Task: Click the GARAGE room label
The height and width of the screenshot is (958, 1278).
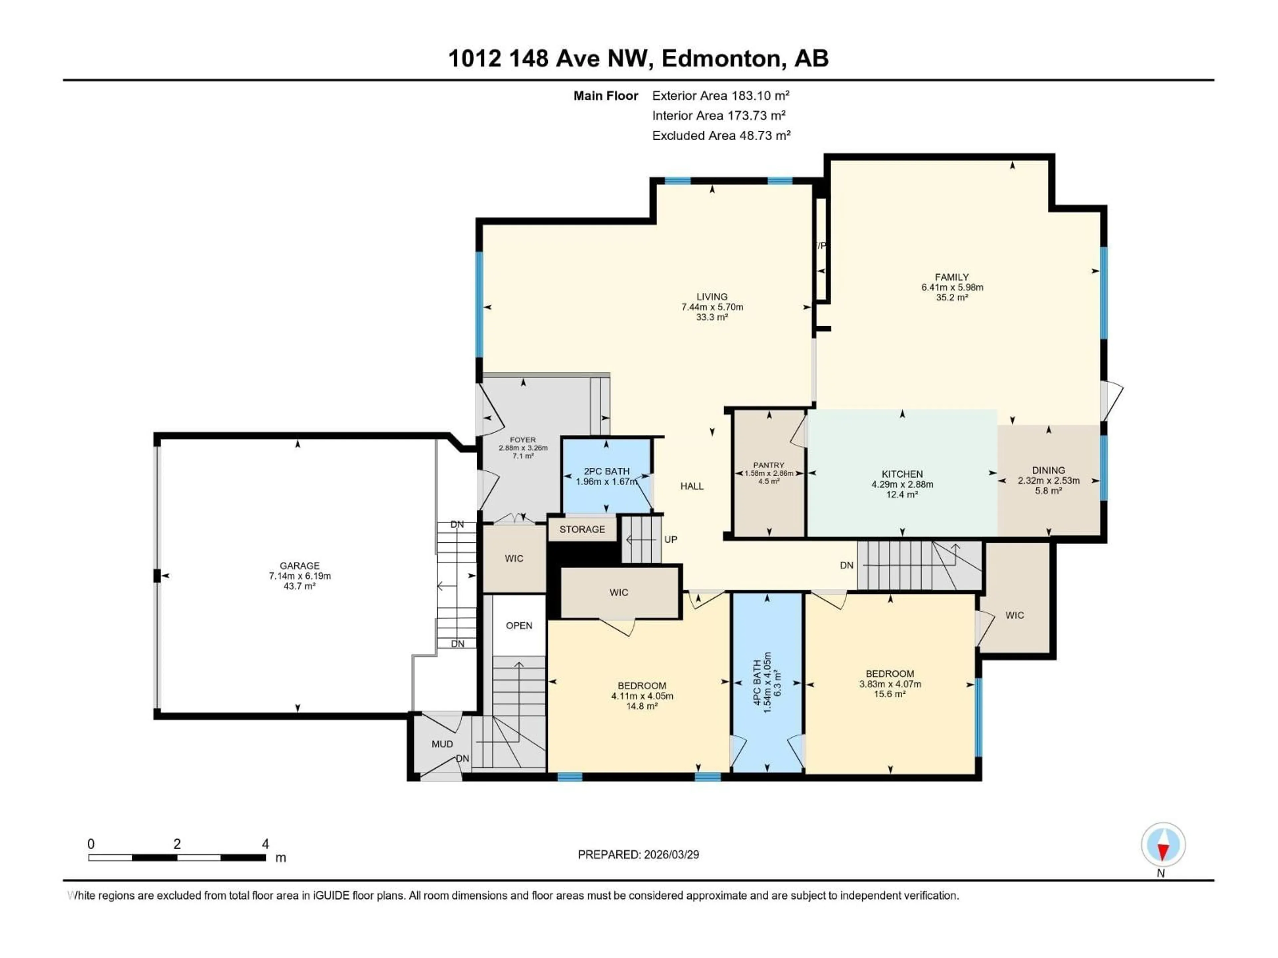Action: pyautogui.click(x=299, y=566)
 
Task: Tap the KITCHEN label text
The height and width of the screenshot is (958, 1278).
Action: pyautogui.click(x=902, y=474)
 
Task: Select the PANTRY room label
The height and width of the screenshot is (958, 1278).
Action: pyautogui.click(x=768, y=465)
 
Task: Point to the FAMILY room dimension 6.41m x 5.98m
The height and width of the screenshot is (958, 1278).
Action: pyautogui.click(x=952, y=287)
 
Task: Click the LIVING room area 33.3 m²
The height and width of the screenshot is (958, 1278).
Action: pyautogui.click(x=712, y=317)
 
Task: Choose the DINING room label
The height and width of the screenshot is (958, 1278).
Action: pyautogui.click(x=1048, y=470)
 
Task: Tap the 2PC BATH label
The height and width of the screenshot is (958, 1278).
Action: pyautogui.click(x=606, y=471)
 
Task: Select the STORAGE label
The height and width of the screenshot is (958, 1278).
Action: pyautogui.click(x=582, y=529)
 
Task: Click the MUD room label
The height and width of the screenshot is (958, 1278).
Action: pyautogui.click(x=442, y=744)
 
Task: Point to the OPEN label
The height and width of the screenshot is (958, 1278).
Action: pyautogui.click(x=519, y=625)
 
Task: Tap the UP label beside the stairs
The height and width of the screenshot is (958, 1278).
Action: pyautogui.click(x=670, y=539)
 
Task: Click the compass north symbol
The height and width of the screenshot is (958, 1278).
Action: pyautogui.click(x=1163, y=845)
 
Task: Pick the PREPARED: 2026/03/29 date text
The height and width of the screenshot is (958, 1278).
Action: pyautogui.click(x=638, y=855)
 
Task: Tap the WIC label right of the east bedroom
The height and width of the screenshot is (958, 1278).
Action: pyautogui.click(x=1014, y=615)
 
